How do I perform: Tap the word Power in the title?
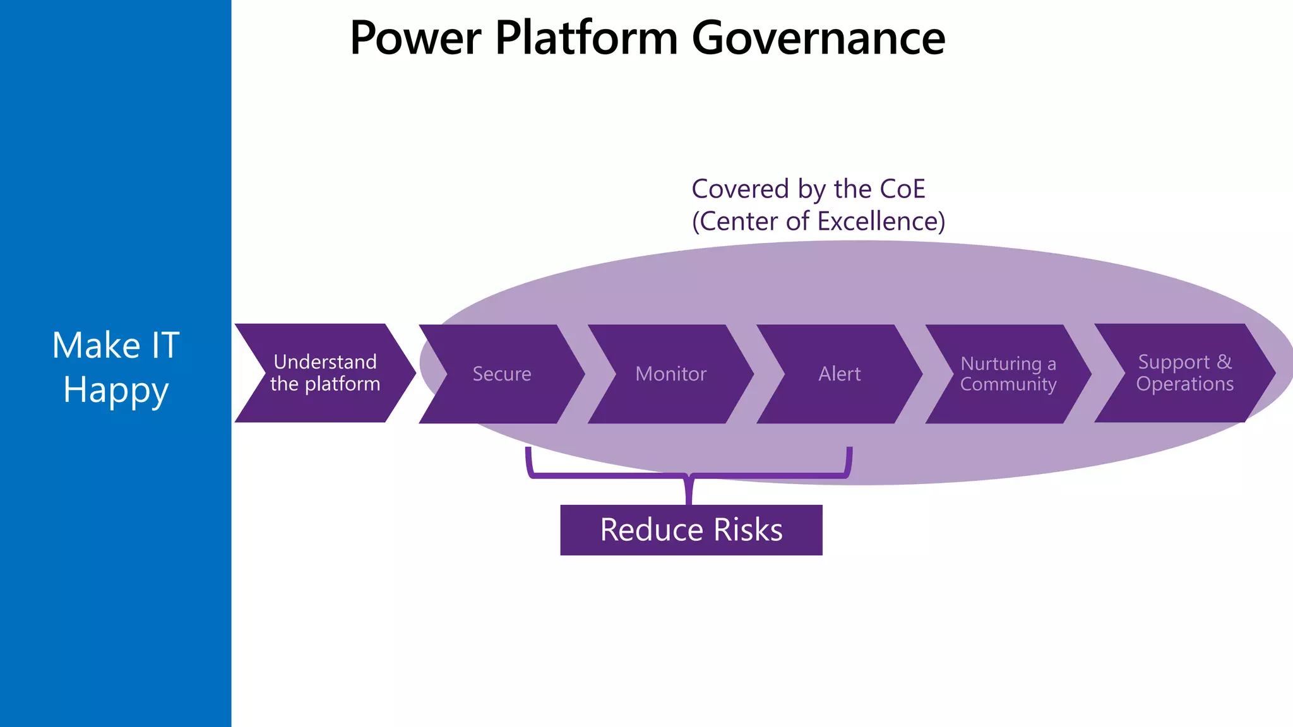415,38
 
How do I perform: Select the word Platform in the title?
587,38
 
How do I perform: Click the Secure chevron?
502,374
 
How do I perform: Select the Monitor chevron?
670,374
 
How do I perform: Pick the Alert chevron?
839,374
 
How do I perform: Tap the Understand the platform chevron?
325,373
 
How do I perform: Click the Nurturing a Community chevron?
1008,374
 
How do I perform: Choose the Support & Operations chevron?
1184,373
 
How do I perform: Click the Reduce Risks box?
691,530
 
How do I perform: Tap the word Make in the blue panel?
96,346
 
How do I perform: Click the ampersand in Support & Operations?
1224,362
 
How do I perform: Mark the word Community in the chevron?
1008,384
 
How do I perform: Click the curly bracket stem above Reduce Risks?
689,491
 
